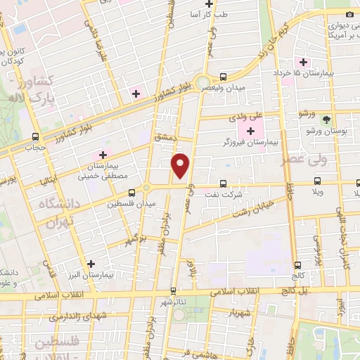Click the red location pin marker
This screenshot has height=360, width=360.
click(182, 166)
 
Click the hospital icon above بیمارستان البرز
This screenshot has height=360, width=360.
click(91, 264)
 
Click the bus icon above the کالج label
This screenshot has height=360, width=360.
click(299, 265)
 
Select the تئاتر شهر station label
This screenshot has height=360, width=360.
click(174, 302)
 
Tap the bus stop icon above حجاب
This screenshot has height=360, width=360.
click(36, 137)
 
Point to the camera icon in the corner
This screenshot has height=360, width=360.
click(349, 15)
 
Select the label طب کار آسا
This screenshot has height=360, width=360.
click(210, 13)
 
